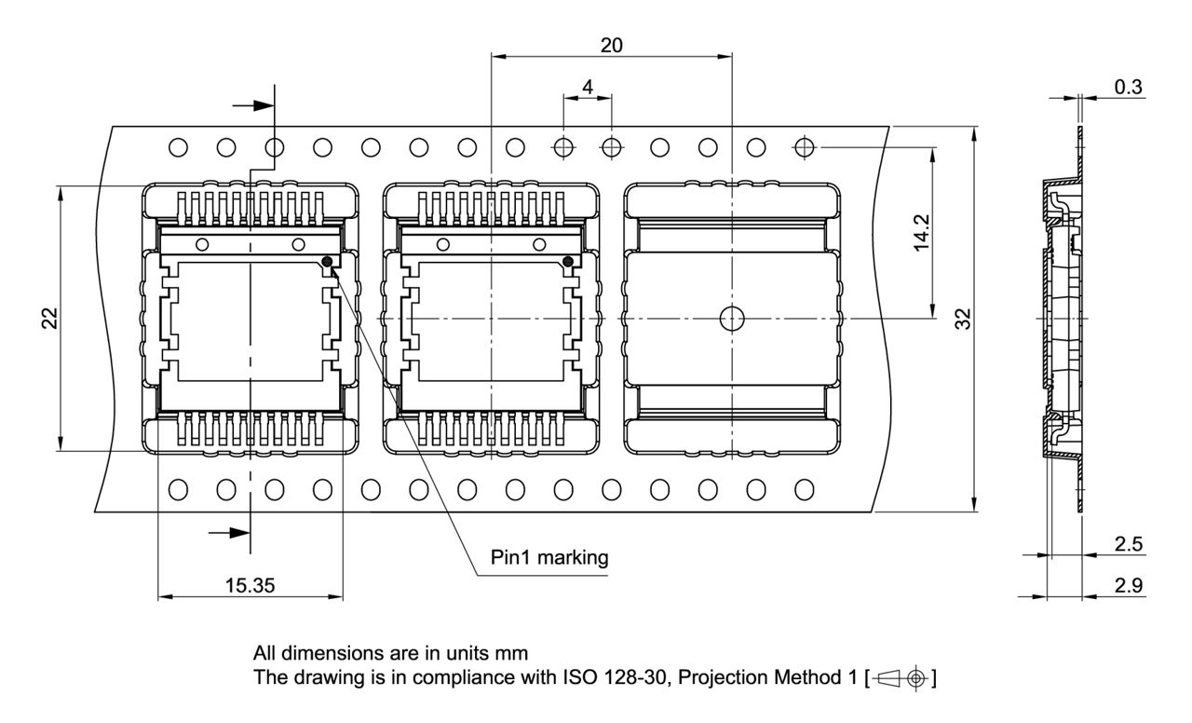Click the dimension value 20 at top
tap(612, 45)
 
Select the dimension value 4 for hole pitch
tap(587, 86)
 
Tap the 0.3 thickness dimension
tap(1129, 87)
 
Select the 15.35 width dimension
tap(250, 584)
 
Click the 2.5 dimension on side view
tap(1129, 543)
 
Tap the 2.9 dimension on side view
tap(1129, 584)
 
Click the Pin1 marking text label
tap(549, 558)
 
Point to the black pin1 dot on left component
tap(327, 262)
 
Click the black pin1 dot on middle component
tap(568, 262)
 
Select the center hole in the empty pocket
tap(733, 319)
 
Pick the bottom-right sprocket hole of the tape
tap(805, 488)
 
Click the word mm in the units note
tap(514, 652)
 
